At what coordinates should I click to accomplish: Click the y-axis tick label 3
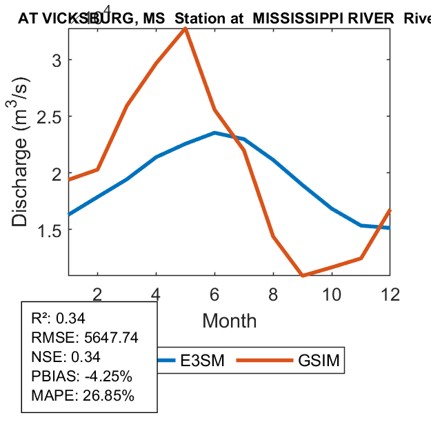[x=58, y=60]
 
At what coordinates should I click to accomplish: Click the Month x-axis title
[x=229, y=321]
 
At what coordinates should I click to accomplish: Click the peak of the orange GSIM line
[x=186, y=28]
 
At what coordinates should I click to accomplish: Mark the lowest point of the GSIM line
[x=303, y=275]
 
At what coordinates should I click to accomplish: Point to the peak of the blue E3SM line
[x=215, y=132]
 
